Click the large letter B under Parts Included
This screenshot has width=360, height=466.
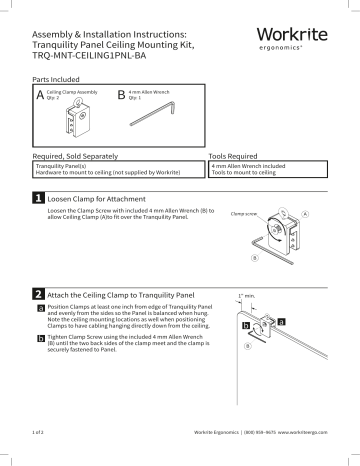click(122, 96)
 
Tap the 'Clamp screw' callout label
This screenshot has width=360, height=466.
click(245, 214)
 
